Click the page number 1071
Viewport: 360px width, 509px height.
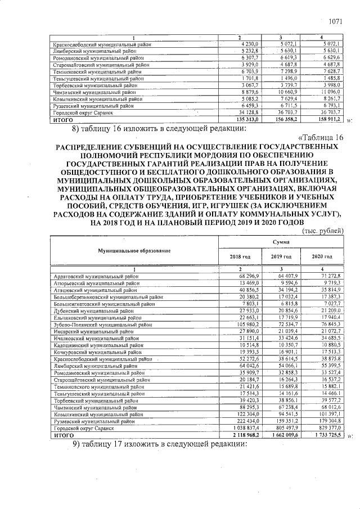(x=335, y=22)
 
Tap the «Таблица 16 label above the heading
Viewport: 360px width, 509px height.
(x=318, y=138)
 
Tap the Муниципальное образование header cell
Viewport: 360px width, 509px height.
(x=134, y=250)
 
